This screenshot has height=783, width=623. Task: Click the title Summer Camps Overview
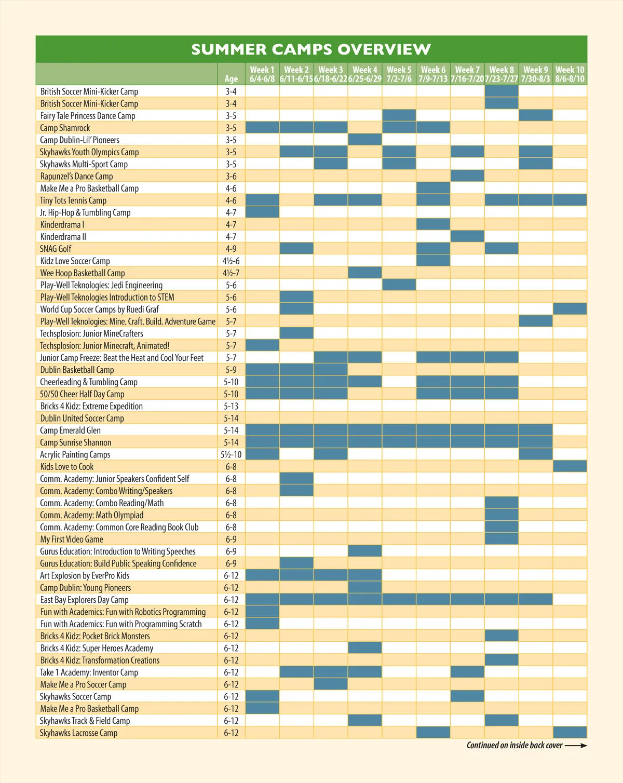click(x=311, y=49)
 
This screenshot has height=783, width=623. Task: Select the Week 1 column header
click(x=262, y=74)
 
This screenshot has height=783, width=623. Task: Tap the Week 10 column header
click(x=570, y=74)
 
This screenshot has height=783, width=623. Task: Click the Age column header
click(x=231, y=78)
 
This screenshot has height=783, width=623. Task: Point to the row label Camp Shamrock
click(x=65, y=128)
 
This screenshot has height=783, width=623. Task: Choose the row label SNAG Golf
click(x=56, y=249)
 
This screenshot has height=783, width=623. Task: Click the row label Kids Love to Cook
click(x=67, y=466)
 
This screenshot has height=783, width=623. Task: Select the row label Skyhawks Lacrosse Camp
click(x=78, y=733)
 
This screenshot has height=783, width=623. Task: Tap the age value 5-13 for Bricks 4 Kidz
click(x=231, y=406)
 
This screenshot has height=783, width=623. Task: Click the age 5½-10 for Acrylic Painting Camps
click(x=231, y=454)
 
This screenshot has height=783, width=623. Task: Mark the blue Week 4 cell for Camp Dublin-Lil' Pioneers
click(x=365, y=140)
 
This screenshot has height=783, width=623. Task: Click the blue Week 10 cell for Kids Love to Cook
click(x=570, y=466)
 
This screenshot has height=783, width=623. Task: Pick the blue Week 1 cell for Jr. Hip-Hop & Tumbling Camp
click(x=262, y=212)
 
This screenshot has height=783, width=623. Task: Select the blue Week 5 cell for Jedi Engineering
click(x=399, y=285)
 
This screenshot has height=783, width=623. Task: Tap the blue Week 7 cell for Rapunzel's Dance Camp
click(x=467, y=176)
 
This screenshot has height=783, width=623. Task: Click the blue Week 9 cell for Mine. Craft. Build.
click(x=535, y=321)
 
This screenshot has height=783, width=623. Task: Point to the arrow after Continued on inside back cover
click(x=576, y=746)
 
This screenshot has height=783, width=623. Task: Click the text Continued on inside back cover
click(x=514, y=746)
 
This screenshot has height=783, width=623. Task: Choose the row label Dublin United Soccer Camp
click(x=82, y=418)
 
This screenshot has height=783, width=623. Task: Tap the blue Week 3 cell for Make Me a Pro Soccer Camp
click(x=331, y=684)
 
